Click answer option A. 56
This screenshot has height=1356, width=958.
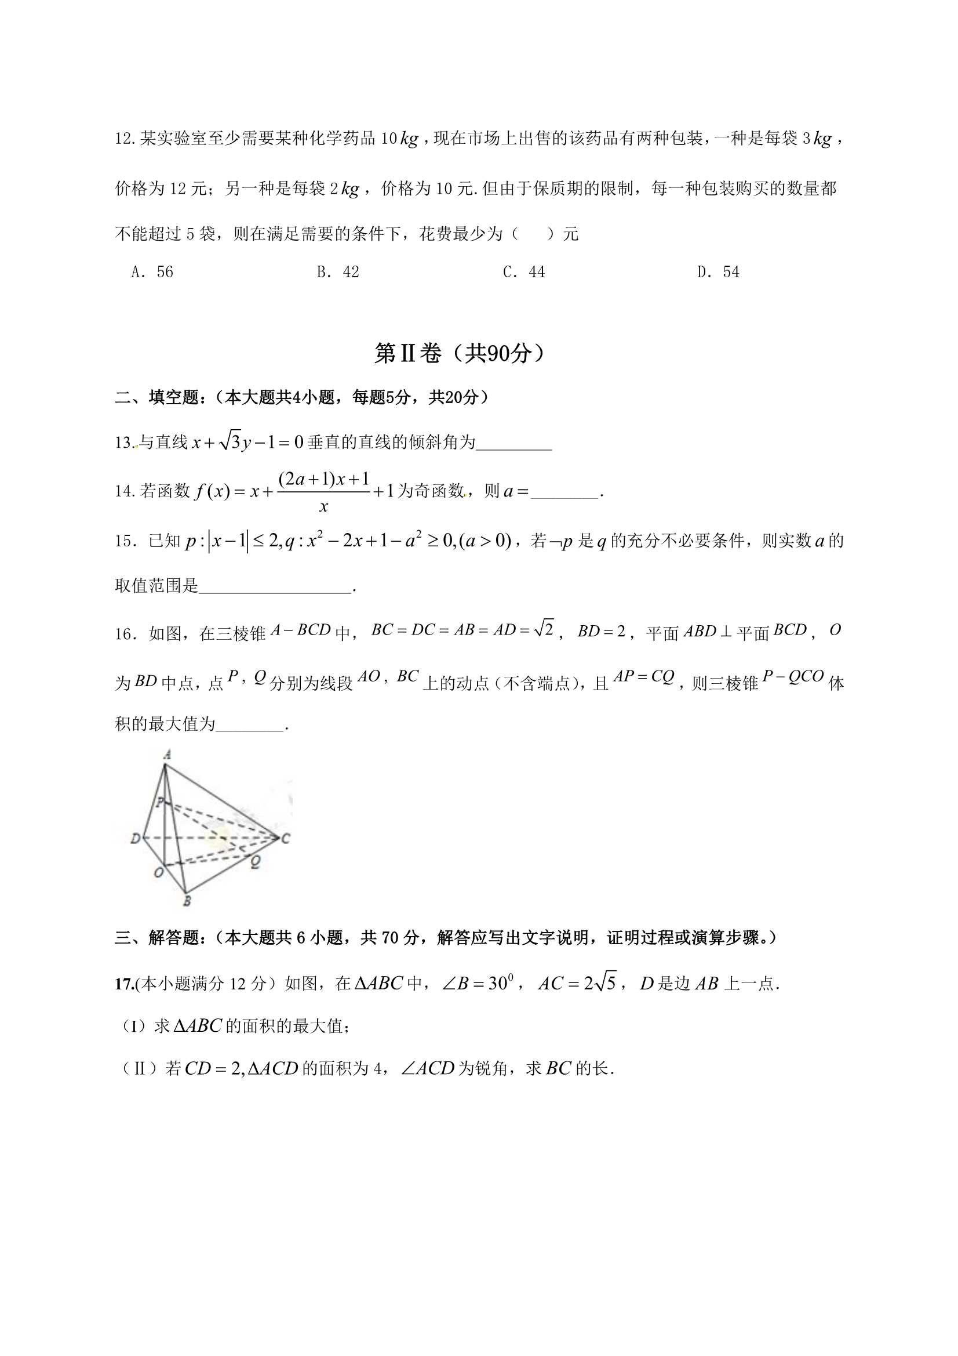click(x=152, y=271)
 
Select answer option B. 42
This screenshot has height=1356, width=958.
click(x=338, y=271)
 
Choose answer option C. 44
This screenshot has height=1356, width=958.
click(x=523, y=271)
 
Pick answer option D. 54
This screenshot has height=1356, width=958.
click(x=717, y=271)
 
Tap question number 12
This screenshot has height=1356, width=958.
click(x=125, y=139)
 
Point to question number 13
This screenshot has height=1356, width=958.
click(x=124, y=443)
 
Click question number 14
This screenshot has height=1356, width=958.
click(x=125, y=491)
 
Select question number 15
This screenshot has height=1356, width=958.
click(x=125, y=541)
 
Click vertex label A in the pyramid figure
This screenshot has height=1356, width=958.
click(x=167, y=754)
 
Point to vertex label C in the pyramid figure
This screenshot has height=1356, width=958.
click(x=286, y=838)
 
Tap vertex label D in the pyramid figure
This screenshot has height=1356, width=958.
click(x=135, y=838)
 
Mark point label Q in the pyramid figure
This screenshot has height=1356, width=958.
click(x=255, y=862)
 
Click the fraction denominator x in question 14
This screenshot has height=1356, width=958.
click(x=323, y=507)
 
